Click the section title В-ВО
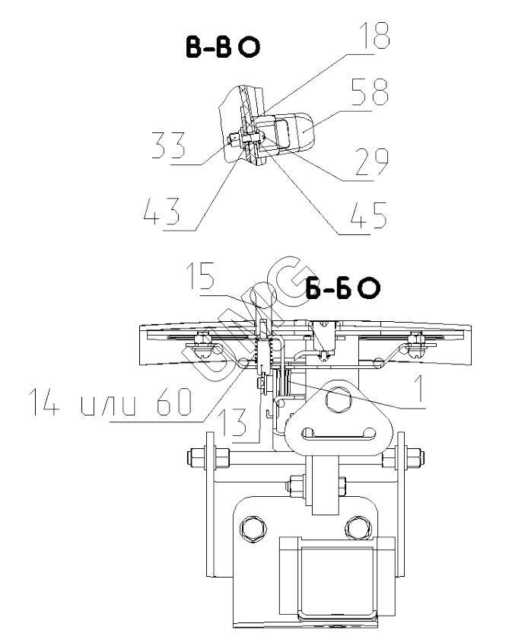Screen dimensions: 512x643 click(223, 46)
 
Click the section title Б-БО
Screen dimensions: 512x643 click(342, 288)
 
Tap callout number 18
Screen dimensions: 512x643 click(374, 35)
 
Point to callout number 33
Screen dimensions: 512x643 click(168, 145)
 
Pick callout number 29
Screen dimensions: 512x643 click(371, 162)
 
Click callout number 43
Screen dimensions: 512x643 click(161, 212)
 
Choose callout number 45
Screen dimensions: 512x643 click(368, 215)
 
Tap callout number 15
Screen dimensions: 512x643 click(201, 276)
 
